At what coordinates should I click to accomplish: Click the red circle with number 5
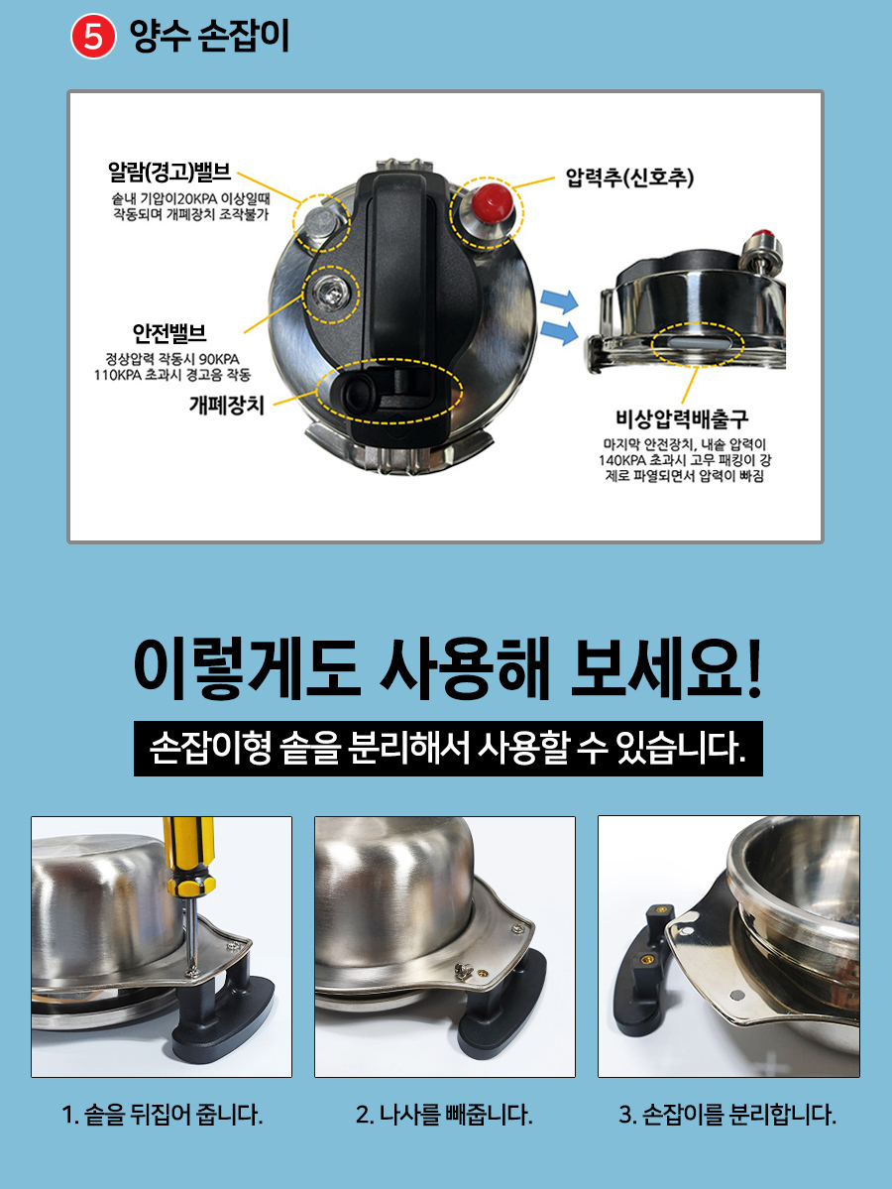[x=92, y=37]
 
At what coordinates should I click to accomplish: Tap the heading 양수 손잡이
[x=210, y=36]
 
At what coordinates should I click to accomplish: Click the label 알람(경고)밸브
[x=169, y=172]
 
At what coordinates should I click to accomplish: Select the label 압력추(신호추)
[x=629, y=178]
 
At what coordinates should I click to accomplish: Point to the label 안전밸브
[x=169, y=333]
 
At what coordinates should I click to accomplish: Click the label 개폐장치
[x=227, y=405]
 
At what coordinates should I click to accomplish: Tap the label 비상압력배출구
[x=681, y=418]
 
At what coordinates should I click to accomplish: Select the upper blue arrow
[x=559, y=301]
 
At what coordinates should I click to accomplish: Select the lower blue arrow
[x=559, y=331]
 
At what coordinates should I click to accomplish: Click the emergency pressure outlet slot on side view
[x=696, y=343]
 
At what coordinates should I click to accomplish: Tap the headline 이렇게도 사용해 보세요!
[x=448, y=668]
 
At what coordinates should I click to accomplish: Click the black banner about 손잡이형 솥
[x=448, y=749]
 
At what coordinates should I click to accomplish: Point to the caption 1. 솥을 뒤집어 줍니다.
[x=163, y=1115]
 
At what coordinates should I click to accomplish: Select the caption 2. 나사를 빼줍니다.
[x=444, y=1115]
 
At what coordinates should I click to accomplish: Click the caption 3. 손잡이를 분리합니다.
[x=727, y=1115]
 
